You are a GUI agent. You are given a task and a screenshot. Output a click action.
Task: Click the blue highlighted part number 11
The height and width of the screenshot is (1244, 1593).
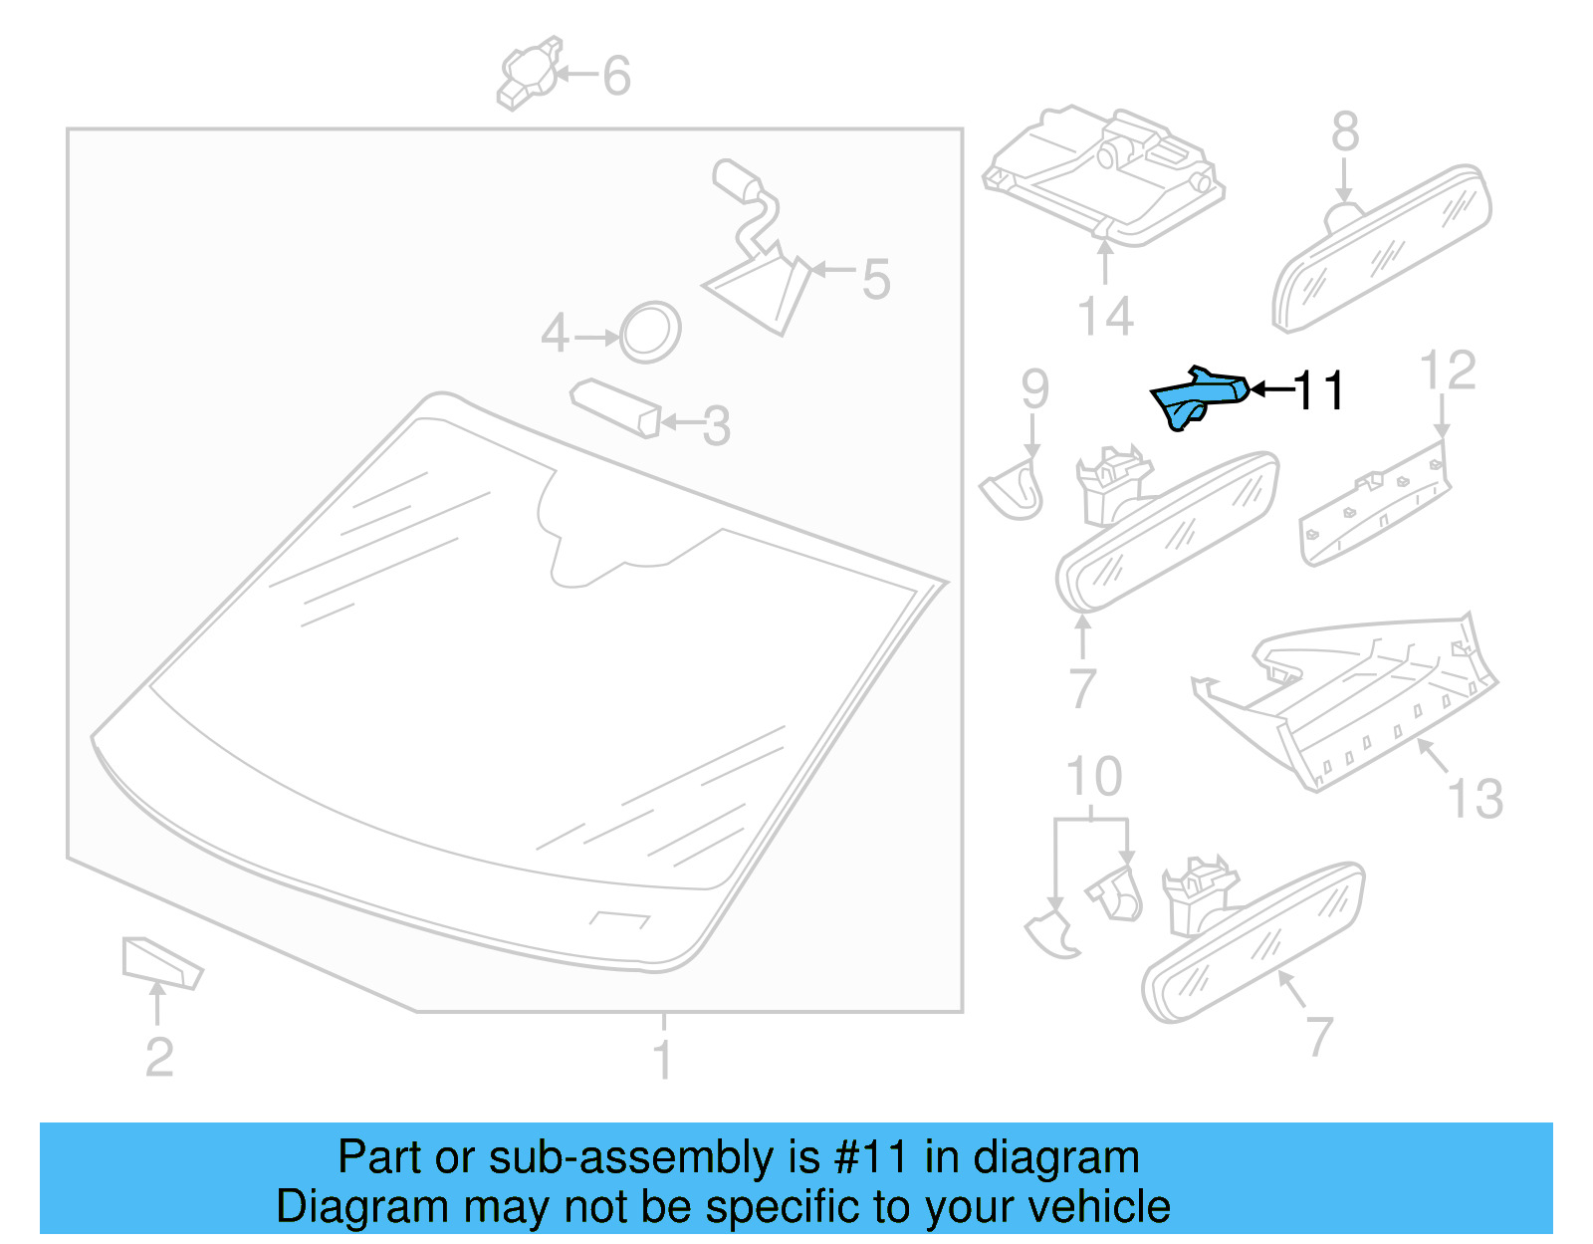point(1198,395)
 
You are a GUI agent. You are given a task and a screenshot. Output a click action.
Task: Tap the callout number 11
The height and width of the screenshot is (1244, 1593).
point(1319,390)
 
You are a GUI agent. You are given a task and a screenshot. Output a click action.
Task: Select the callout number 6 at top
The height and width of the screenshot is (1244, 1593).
point(616,76)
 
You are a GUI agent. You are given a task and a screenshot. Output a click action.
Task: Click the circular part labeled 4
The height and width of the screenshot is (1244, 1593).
point(650,332)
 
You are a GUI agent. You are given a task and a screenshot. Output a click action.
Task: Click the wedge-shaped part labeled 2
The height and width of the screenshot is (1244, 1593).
point(159,962)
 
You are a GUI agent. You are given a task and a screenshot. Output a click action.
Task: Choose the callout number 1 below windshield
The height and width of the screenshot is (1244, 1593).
point(662,1059)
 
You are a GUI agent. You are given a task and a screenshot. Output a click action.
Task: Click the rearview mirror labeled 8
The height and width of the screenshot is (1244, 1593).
point(1385,249)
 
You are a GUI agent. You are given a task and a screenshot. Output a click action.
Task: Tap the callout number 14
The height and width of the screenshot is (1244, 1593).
point(1105,317)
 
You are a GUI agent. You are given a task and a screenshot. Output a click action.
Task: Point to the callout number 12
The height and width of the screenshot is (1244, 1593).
point(1447,371)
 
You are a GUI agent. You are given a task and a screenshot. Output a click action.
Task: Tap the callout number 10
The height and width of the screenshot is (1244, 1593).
point(1093,777)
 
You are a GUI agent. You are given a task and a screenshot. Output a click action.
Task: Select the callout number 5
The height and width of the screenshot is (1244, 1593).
point(875,279)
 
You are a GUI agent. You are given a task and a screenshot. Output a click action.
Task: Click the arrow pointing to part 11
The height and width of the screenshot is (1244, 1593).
point(1269,389)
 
